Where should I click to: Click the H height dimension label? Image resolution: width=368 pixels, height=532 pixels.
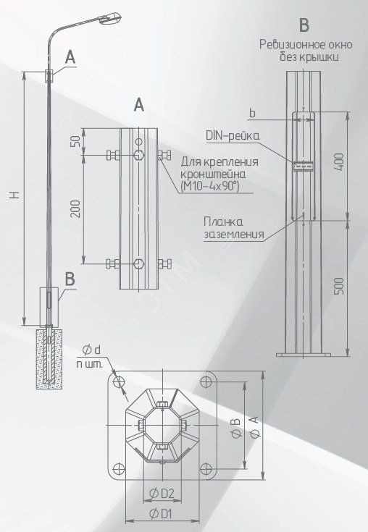(x=14, y=195)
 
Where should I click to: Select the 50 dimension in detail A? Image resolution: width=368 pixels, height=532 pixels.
(x=77, y=141)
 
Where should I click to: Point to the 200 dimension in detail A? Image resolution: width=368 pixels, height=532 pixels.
(x=77, y=209)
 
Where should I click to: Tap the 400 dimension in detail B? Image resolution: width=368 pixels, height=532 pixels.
(x=340, y=162)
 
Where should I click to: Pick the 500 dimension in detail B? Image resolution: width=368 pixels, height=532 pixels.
(x=340, y=286)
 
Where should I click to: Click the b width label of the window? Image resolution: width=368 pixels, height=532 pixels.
(x=252, y=114)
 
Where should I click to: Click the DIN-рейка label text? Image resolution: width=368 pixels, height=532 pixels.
(x=233, y=136)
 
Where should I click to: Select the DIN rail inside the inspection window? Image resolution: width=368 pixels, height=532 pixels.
(x=303, y=166)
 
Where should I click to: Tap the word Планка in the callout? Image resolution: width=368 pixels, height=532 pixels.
(x=223, y=222)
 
